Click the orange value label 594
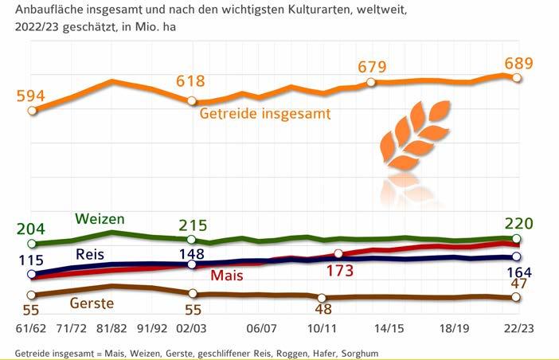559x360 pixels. click(x=30, y=96)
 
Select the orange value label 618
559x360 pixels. click(x=191, y=81)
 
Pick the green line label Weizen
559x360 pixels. click(x=100, y=218)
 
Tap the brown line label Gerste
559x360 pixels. click(x=92, y=303)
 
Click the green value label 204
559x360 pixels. click(x=30, y=228)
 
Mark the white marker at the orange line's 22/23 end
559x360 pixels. click(x=517, y=78)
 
